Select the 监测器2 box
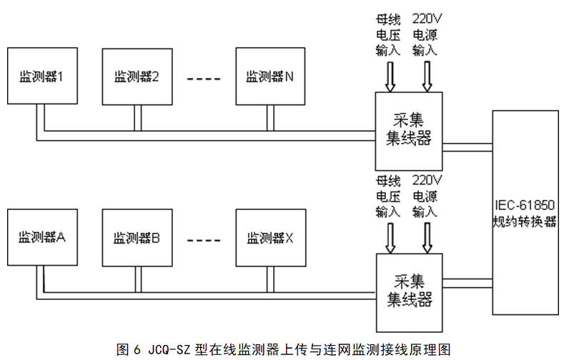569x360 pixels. coord(136,76)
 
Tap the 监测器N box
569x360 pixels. coord(270,76)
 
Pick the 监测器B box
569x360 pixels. coord(136,236)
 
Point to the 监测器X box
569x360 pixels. coord(270,236)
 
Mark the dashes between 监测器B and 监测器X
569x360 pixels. coord(203,238)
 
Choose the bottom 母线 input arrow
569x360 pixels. coord(390,236)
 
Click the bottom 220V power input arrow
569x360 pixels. coord(427,236)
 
